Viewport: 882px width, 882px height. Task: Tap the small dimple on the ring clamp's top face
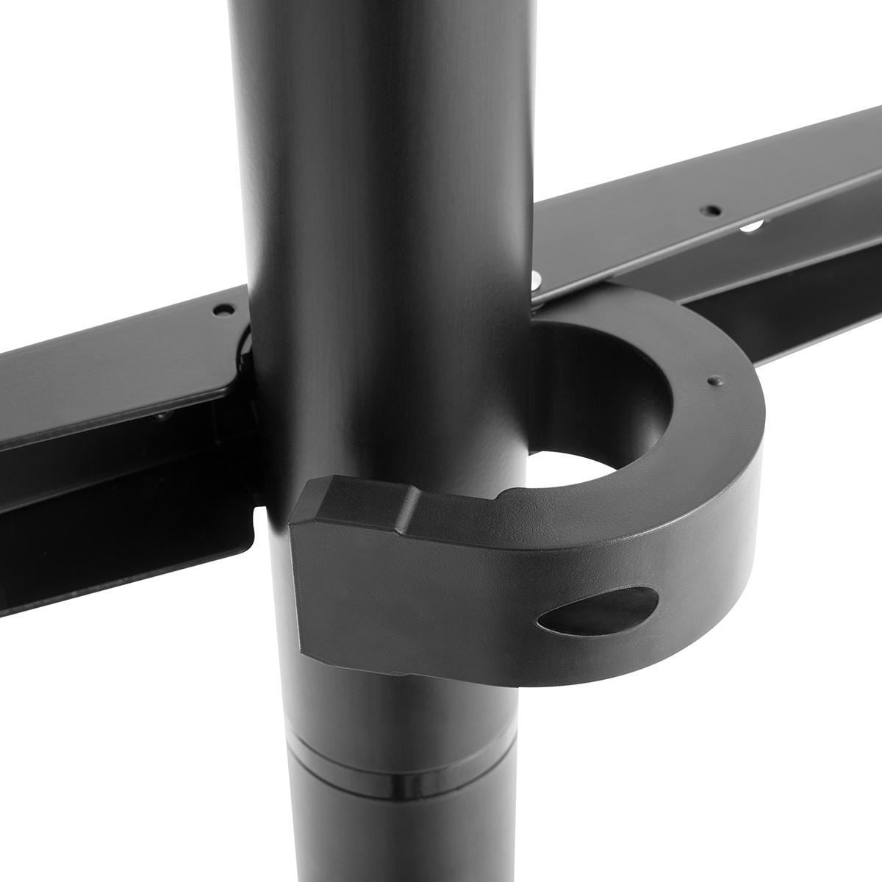click(x=711, y=381)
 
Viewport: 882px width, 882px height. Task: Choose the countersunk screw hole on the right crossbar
click(x=710, y=209)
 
